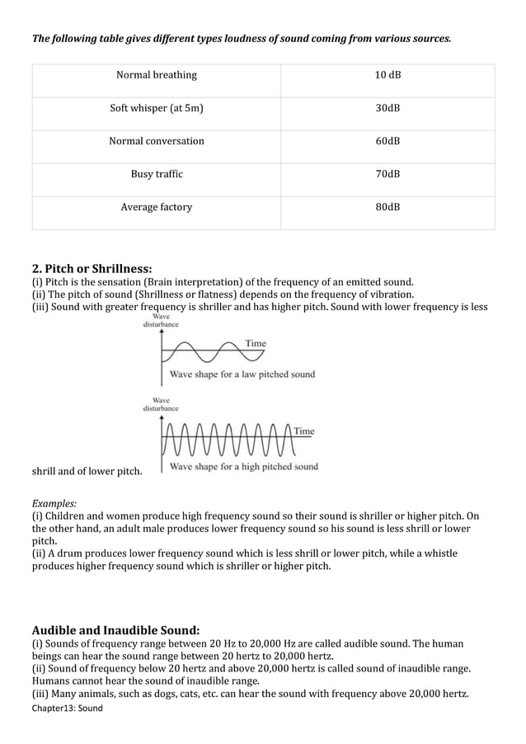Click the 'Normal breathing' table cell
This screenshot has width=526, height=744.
pos(157,75)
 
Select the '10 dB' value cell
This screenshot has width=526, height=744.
pos(387,75)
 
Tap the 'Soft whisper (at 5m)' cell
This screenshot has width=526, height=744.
pos(157,108)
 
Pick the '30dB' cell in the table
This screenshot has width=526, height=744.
pos(387,108)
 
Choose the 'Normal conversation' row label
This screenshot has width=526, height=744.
pos(157,141)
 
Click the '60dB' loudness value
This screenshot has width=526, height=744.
pos(387,141)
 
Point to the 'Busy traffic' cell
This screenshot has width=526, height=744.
pos(157,174)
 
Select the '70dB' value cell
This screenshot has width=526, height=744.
pos(387,174)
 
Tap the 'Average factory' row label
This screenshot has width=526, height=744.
pos(157,207)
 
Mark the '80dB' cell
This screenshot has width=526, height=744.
pos(387,207)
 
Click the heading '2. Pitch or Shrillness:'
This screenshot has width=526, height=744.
pos(92,268)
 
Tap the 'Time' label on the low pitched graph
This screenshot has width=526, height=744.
pos(256,343)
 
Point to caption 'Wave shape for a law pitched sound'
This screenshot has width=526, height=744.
pos(242,374)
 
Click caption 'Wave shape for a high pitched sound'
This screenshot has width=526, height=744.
pos(244,467)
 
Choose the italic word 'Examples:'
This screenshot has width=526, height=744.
pos(54,502)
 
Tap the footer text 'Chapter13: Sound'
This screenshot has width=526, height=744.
pos(68,708)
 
